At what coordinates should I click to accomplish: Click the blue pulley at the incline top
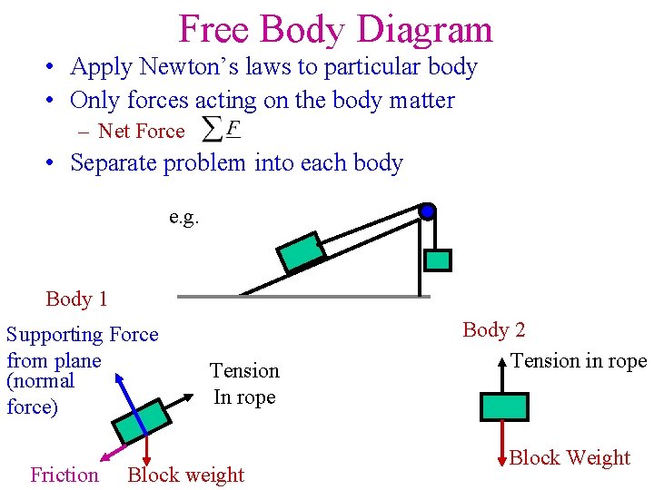click(427, 212)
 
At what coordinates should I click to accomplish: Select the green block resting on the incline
click(301, 252)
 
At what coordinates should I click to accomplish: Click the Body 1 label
click(76, 299)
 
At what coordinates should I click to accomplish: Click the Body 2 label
click(494, 330)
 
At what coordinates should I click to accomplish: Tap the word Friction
click(64, 475)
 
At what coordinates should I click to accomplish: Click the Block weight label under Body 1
click(186, 475)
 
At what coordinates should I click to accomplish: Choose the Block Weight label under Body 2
click(570, 457)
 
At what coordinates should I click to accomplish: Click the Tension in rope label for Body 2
click(579, 360)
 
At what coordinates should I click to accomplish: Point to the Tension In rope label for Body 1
click(244, 384)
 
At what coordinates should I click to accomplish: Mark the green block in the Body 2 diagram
click(504, 406)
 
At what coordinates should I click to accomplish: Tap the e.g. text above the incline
click(183, 218)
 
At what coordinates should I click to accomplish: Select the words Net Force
click(141, 132)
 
